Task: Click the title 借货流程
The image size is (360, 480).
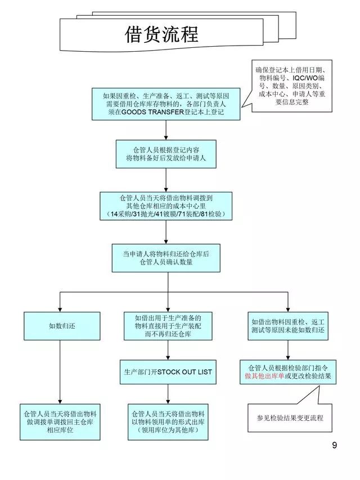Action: (x=161, y=35)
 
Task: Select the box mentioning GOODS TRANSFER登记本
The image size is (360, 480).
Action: (x=166, y=104)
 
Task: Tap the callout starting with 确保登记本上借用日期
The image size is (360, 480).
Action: (x=291, y=86)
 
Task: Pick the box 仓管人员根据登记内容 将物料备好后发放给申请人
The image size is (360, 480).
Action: (x=166, y=154)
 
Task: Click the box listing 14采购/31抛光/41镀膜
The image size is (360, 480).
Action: (x=166, y=207)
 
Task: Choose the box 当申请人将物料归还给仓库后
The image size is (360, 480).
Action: (x=166, y=258)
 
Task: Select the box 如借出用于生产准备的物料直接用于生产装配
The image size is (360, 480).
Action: (x=168, y=325)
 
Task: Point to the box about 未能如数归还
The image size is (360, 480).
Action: (x=288, y=325)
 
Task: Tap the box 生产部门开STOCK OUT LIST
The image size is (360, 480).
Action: (x=168, y=372)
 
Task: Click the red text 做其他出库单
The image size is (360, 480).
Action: (x=264, y=376)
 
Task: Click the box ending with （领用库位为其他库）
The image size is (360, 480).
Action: (x=168, y=421)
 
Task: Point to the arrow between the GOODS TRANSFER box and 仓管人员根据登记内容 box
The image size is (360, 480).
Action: (x=166, y=129)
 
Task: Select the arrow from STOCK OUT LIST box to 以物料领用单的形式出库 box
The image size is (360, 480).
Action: (x=168, y=393)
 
